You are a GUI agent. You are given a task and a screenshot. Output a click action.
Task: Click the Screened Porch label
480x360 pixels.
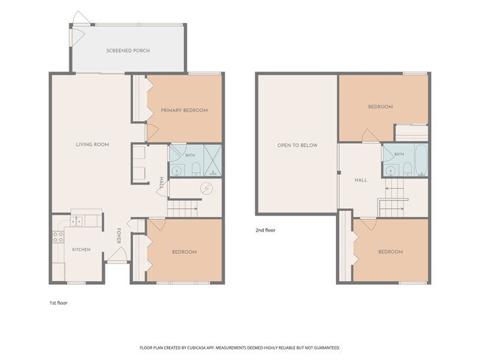click(128, 50)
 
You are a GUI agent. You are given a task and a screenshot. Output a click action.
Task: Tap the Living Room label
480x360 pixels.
click(92, 145)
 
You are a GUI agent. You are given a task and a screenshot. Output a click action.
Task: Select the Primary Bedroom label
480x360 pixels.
click(185, 111)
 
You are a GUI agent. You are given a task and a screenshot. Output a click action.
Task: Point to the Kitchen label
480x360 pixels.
click(81, 249)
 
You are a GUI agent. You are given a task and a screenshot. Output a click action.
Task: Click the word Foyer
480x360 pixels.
click(119, 236)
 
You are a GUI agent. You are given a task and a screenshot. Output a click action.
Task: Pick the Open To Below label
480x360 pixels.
click(298, 145)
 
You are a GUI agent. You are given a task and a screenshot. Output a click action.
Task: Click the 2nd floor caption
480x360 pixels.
click(265, 230)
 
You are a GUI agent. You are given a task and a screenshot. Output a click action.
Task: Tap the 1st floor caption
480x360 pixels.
click(58, 302)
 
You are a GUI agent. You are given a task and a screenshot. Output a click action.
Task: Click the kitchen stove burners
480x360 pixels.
click(58, 237)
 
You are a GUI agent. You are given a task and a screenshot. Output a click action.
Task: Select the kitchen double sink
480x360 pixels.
click(76, 221)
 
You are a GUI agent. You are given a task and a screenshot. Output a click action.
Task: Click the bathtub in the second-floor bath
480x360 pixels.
click(421, 159)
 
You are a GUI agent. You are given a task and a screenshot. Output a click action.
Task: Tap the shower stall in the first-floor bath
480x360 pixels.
click(213, 160)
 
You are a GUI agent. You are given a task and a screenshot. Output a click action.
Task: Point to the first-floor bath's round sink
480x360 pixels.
click(176, 171)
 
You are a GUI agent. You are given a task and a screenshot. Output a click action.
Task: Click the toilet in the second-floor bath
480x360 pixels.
click(407, 170)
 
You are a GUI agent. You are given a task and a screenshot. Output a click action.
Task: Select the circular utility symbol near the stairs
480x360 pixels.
click(206, 188)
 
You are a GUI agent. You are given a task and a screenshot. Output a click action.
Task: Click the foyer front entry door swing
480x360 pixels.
click(117, 254)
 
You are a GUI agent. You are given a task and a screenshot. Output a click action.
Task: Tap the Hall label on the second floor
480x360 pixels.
click(361, 180)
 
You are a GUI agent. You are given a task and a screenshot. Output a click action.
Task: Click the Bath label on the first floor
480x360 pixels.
click(190, 156)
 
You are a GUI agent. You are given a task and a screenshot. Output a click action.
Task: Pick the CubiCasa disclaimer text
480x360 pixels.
click(240, 347)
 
